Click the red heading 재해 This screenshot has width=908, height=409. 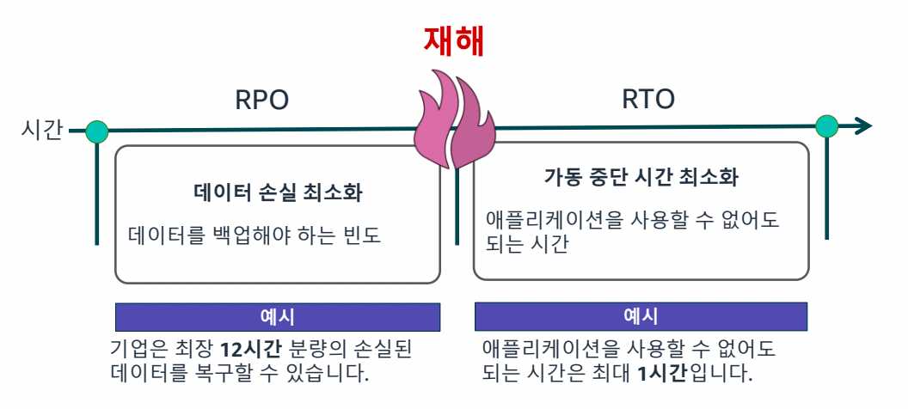(454, 41)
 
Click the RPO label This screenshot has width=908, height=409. (261, 101)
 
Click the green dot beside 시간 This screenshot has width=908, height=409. (97, 131)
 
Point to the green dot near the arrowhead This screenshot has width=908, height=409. (826, 126)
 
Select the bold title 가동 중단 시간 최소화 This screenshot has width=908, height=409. (641, 178)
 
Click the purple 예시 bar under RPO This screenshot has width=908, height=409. (278, 317)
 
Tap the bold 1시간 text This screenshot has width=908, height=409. (663, 374)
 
